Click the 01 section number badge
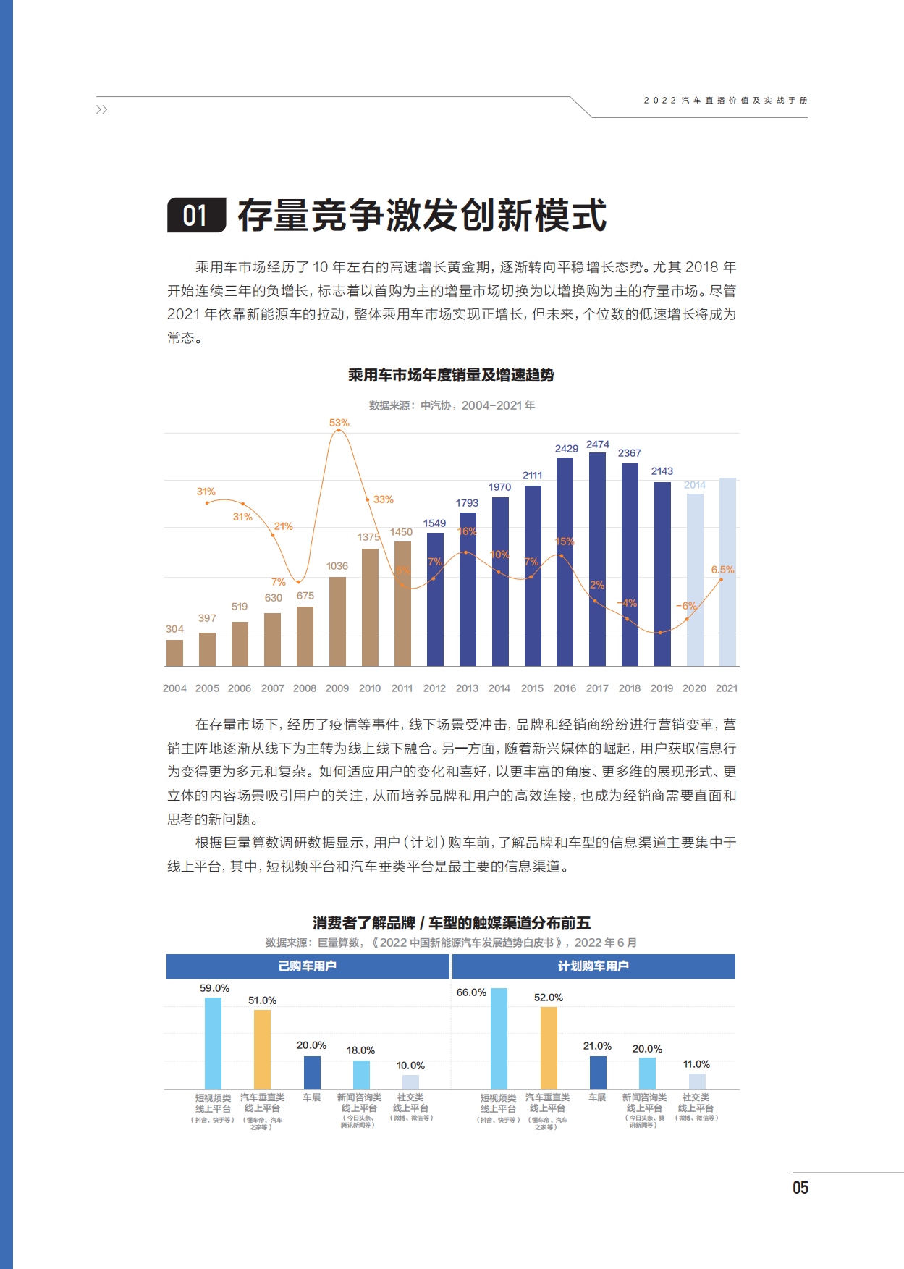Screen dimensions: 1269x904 tap(196, 215)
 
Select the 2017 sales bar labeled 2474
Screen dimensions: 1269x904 tap(597, 559)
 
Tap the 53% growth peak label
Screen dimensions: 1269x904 tap(339, 423)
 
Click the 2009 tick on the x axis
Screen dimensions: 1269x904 tap(337, 688)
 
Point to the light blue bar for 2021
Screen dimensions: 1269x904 tap(727, 572)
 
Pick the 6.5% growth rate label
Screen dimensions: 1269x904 tap(722, 570)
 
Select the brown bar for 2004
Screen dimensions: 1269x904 tap(174, 652)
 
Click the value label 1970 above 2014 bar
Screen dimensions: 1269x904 tap(499, 487)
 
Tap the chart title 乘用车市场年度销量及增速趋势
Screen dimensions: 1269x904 tap(451, 375)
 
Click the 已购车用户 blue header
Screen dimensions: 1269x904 tap(308, 966)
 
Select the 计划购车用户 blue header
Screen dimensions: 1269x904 tap(593, 966)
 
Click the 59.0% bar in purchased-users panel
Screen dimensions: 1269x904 tap(213, 1042)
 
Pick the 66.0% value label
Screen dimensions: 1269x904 tap(471, 992)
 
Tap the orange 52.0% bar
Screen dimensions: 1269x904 tap(549, 1047)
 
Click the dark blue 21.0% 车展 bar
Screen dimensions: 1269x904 tap(598, 1072)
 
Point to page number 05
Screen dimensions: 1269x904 tap(800, 1188)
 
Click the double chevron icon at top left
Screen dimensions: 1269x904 tap(101, 109)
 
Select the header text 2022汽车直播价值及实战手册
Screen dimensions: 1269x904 tap(725, 101)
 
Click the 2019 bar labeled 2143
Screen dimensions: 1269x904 tap(662, 573)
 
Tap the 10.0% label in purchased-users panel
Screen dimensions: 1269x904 tap(410, 1066)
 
